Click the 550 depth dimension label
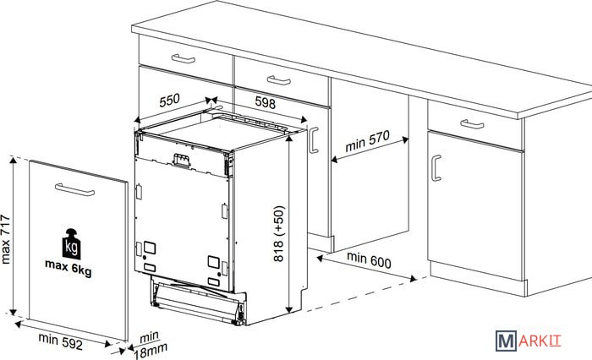(169, 100)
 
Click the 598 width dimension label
(266, 102)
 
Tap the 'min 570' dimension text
(367, 141)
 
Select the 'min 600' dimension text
(369, 260)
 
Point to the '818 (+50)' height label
(278, 233)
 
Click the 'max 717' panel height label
(5, 239)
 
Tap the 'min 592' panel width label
(60, 341)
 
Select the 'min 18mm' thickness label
(151, 346)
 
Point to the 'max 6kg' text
(69, 267)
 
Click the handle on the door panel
(74, 189)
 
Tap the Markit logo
(529, 341)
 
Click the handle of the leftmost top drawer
(184, 58)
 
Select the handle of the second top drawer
(279, 80)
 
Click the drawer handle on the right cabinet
(472, 123)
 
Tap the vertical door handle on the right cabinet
(436, 168)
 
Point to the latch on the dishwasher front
(181, 161)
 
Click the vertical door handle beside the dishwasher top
(314, 140)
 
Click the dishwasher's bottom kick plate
(197, 300)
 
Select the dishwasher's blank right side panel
(269, 226)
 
